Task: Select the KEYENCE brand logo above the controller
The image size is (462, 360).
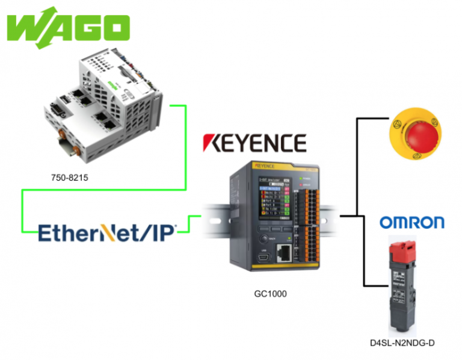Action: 254,143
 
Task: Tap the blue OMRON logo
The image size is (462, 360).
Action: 411,222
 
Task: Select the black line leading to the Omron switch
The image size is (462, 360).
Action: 364,259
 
